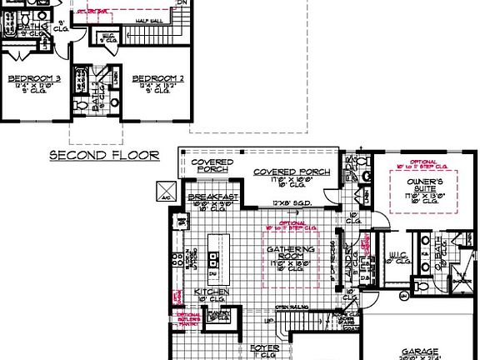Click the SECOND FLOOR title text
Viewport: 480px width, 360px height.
[104, 154]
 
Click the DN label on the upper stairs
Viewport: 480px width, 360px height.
[179, 2]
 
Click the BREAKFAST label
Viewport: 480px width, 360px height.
[212, 197]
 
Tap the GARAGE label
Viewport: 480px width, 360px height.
[420, 352]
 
